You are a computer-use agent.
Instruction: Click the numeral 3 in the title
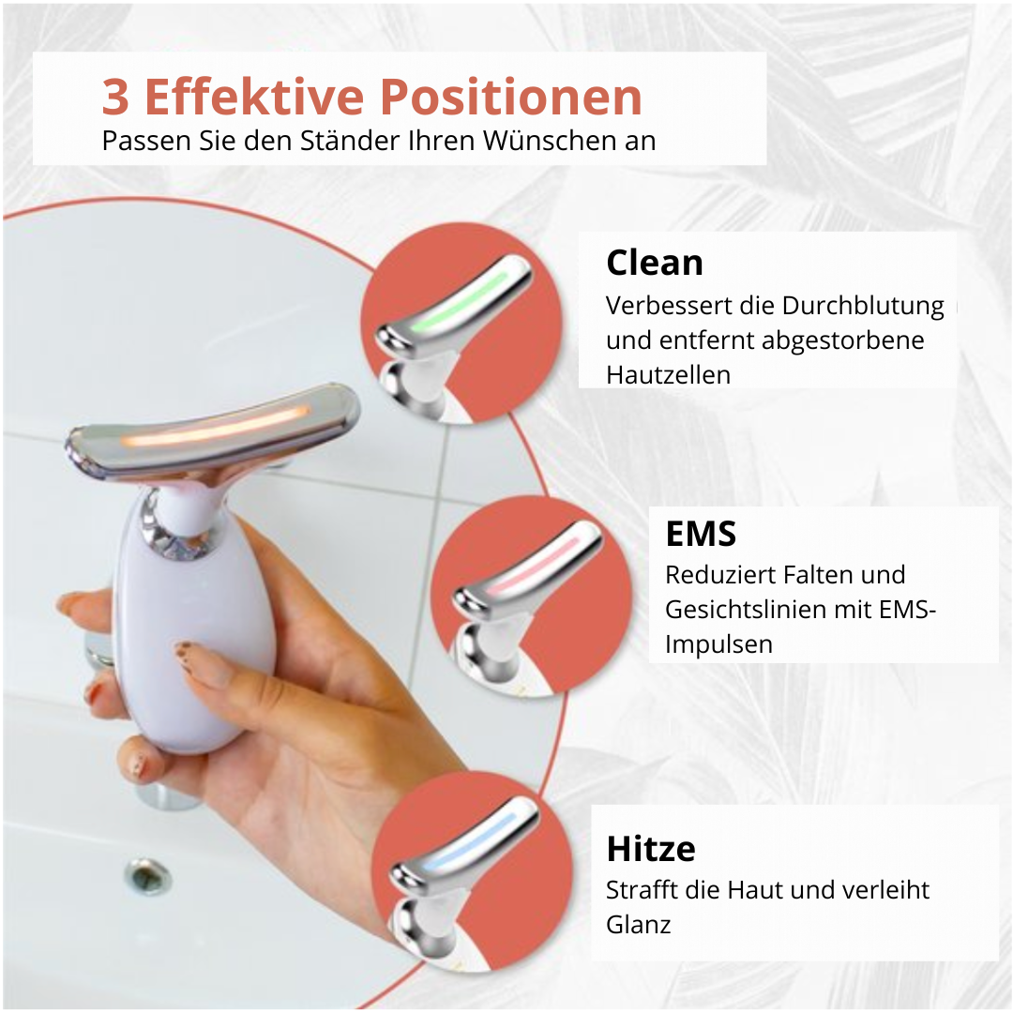(x=115, y=97)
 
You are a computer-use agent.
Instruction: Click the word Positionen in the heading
(x=510, y=97)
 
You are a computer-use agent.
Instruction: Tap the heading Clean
(x=655, y=263)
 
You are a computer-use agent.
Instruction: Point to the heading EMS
(x=701, y=534)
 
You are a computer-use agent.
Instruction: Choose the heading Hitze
(x=651, y=849)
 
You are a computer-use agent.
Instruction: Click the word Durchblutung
(x=863, y=306)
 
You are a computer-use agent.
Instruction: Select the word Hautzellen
(x=668, y=374)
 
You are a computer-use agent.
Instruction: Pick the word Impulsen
(x=718, y=644)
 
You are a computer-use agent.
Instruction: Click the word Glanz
(x=639, y=925)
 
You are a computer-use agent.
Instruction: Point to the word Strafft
(x=643, y=889)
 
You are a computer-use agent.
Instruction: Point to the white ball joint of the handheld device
(x=188, y=510)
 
